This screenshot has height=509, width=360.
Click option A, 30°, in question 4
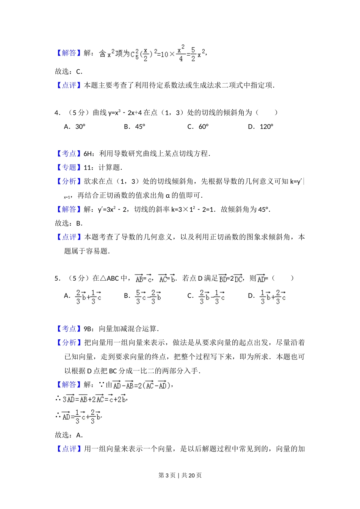75,126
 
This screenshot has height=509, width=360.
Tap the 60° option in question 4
199,126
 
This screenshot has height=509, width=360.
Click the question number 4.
57,112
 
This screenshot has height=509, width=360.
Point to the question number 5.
57,278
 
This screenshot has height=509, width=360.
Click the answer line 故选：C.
69,72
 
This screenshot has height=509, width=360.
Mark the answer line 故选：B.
69,223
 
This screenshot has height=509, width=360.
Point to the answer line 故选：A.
69,435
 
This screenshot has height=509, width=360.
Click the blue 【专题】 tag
69,167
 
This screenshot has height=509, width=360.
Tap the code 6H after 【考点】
88,153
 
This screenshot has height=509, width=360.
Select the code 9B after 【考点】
88,329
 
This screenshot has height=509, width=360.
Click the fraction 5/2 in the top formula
193,54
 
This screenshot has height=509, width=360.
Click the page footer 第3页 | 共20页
180,475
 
